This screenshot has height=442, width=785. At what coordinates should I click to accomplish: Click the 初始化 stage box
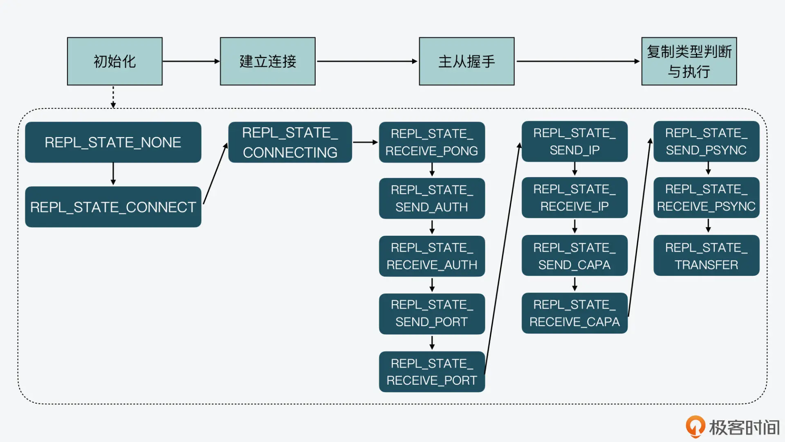coord(114,61)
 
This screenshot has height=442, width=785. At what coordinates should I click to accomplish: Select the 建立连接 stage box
coord(267,61)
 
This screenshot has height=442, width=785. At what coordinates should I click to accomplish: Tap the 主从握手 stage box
coord(467,61)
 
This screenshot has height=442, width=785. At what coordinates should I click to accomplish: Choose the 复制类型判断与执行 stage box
coord(689,61)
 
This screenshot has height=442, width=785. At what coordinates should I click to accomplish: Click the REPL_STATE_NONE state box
coord(113,142)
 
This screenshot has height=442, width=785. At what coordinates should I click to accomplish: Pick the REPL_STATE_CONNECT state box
coord(113,207)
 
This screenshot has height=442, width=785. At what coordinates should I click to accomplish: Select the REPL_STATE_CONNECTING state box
coord(290,142)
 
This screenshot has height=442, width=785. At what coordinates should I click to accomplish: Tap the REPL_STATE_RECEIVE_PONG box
coord(432,142)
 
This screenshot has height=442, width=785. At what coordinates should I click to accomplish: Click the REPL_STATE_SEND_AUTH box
coord(432,198)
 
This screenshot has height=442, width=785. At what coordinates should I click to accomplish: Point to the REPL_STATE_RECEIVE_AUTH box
coord(432,256)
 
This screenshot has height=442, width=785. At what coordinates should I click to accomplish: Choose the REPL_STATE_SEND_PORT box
coord(432,313)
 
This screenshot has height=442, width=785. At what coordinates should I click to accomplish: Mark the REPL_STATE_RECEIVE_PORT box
coord(432,372)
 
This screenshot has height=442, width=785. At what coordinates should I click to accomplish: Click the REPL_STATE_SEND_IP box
coord(574,141)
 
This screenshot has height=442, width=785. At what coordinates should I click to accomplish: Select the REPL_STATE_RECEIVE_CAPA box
coord(574,313)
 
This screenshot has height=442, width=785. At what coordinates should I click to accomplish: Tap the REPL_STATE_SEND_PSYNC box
coord(706,141)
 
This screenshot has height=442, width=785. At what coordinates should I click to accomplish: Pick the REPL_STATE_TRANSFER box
coord(706,256)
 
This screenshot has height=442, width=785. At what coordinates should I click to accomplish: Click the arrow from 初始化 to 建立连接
coord(191,61)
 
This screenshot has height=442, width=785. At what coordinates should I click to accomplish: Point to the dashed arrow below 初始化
coord(113,97)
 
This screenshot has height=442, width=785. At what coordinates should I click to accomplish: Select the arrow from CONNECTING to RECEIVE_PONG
coord(365,142)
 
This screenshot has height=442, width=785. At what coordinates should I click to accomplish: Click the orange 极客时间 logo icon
coord(695,426)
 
